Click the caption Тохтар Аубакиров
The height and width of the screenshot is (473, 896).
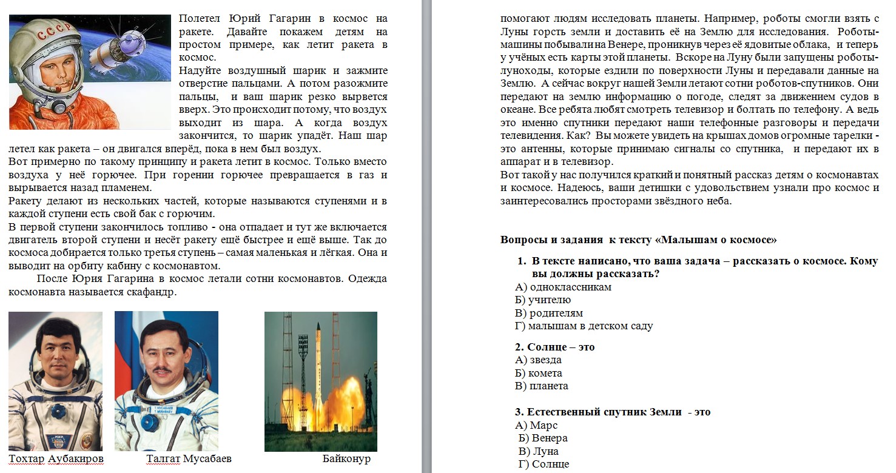(x=56, y=458)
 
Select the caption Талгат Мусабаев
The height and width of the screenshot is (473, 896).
(x=189, y=458)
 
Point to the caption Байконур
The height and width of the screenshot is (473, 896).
(x=346, y=458)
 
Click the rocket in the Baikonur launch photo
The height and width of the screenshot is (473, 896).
(x=318, y=370)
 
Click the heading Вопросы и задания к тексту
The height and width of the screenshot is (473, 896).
(x=638, y=240)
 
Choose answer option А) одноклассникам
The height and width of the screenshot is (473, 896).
(x=563, y=287)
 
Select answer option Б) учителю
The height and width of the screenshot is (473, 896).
(x=543, y=300)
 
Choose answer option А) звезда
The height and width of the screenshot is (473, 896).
(x=538, y=360)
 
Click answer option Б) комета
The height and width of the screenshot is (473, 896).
(x=538, y=373)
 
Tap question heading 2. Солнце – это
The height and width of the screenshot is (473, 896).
(x=554, y=347)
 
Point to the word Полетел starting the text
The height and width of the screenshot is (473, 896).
(x=199, y=19)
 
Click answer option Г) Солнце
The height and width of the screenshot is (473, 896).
(x=544, y=465)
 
